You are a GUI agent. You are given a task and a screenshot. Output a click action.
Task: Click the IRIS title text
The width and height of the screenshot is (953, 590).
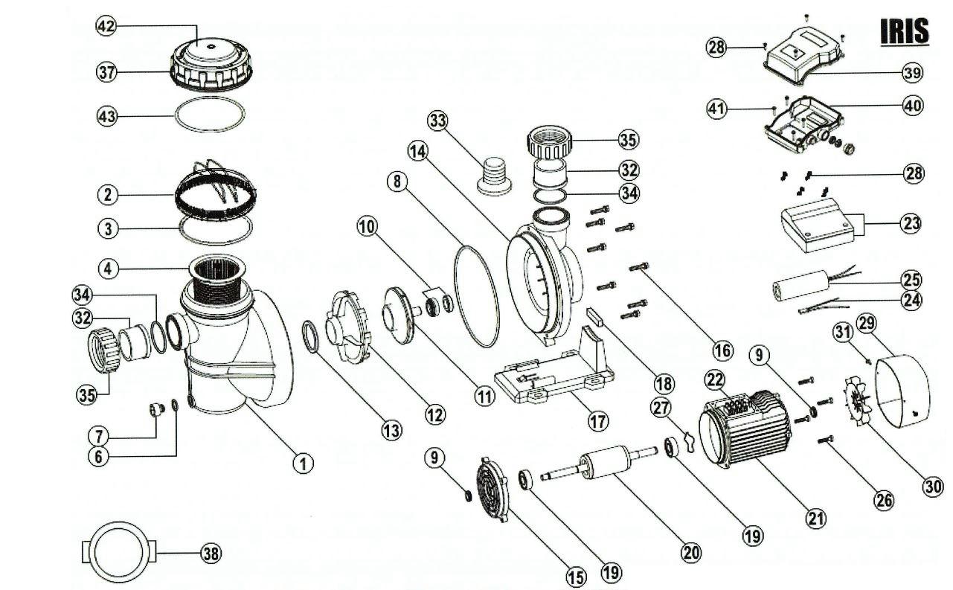click(x=904, y=31)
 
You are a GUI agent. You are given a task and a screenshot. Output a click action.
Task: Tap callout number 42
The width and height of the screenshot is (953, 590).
click(x=106, y=25)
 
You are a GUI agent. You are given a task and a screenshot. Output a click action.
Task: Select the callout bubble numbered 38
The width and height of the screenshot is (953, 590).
click(x=211, y=553)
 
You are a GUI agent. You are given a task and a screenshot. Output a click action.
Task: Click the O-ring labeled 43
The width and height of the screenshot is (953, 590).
click(x=209, y=116)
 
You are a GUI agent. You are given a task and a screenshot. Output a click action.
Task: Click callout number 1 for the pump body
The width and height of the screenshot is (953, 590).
click(x=303, y=463)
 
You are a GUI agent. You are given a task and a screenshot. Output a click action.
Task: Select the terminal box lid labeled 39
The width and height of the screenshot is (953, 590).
click(x=804, y=57)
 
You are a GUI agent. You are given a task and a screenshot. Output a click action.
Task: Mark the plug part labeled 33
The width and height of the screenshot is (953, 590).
click(x=492, y=177)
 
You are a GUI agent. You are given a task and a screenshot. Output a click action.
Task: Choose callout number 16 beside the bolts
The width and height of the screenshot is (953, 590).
click(x=721, y=350)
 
